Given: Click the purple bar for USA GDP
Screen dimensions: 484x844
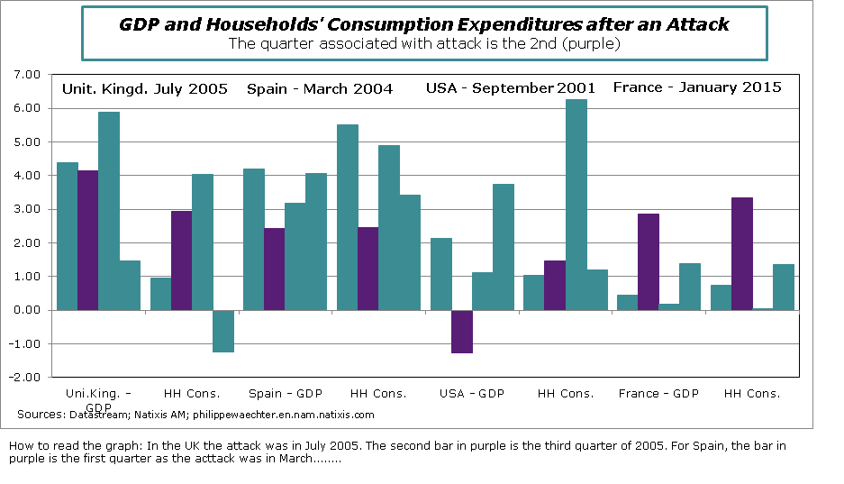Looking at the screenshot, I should click(x=462, y=332).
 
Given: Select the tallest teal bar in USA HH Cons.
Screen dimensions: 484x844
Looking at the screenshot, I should click(x=576, y=205).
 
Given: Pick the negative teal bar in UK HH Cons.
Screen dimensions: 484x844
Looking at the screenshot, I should click(x=223, y=331).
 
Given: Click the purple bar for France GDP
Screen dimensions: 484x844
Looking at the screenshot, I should click(x=649, y=261).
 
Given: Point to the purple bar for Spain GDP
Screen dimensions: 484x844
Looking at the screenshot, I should click(x=275, y=269).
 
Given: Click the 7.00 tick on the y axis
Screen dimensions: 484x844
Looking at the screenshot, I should click(x=30, y=75).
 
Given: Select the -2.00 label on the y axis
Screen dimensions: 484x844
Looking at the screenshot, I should click(x=28, y=377).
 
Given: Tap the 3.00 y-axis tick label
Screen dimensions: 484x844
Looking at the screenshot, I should click(x=30, y=209).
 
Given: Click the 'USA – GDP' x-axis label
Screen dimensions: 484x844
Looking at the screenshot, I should click(x=472, y=393).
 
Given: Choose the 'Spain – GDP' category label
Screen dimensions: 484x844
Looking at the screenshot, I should click(x=285, y=393).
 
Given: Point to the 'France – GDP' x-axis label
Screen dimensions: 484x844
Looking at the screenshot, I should click(x=658, y=393).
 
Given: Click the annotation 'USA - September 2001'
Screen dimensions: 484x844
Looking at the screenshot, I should click(x=510, y=88).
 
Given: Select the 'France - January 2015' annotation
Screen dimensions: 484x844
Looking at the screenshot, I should click(x=697, y=87).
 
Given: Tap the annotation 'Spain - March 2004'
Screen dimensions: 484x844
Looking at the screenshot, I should click(x=320, y=88).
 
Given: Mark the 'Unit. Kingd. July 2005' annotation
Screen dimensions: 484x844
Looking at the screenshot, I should click(x=144, y=88).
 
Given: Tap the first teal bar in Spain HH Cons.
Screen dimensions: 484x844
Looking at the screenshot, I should click(x=348, y=217).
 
